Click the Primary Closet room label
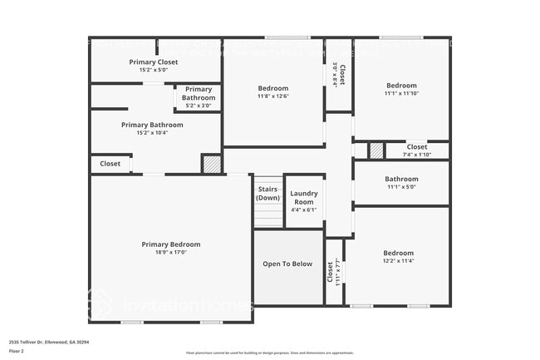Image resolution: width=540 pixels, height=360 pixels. tap(155, 62)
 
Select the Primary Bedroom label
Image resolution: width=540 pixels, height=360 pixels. tap(171, 244)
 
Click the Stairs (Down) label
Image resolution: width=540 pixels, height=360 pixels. tap(268, 193)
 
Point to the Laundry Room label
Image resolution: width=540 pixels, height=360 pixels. tap(303, 198)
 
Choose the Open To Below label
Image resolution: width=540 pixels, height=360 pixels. tap(287, 264)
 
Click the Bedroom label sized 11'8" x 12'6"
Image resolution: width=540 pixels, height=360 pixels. tap(272, 88)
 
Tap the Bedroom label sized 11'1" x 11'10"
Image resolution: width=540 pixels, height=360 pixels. tap(401, 86)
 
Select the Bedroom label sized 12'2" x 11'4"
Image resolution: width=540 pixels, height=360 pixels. tap(398, 253)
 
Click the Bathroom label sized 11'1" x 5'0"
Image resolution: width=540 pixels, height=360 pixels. tap(401, 179)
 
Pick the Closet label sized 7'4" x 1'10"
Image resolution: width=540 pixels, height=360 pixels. tap(417, 147)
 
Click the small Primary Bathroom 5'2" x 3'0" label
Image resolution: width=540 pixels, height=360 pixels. tap(198, 89)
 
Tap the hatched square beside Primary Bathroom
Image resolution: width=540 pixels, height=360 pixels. tap(212, 164)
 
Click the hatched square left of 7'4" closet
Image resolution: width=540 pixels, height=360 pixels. tap(376, 151)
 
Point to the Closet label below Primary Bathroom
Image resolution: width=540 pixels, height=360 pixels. tap(110, 164)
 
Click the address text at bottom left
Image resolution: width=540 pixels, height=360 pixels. tap(49, 341)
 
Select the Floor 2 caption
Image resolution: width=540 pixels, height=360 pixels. tap(17, 351)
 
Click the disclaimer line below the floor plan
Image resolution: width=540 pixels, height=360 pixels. tap(270, 353)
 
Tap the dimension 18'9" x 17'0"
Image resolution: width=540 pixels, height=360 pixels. tap(171, 253)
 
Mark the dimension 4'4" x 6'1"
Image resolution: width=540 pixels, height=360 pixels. tap(303, 210)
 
